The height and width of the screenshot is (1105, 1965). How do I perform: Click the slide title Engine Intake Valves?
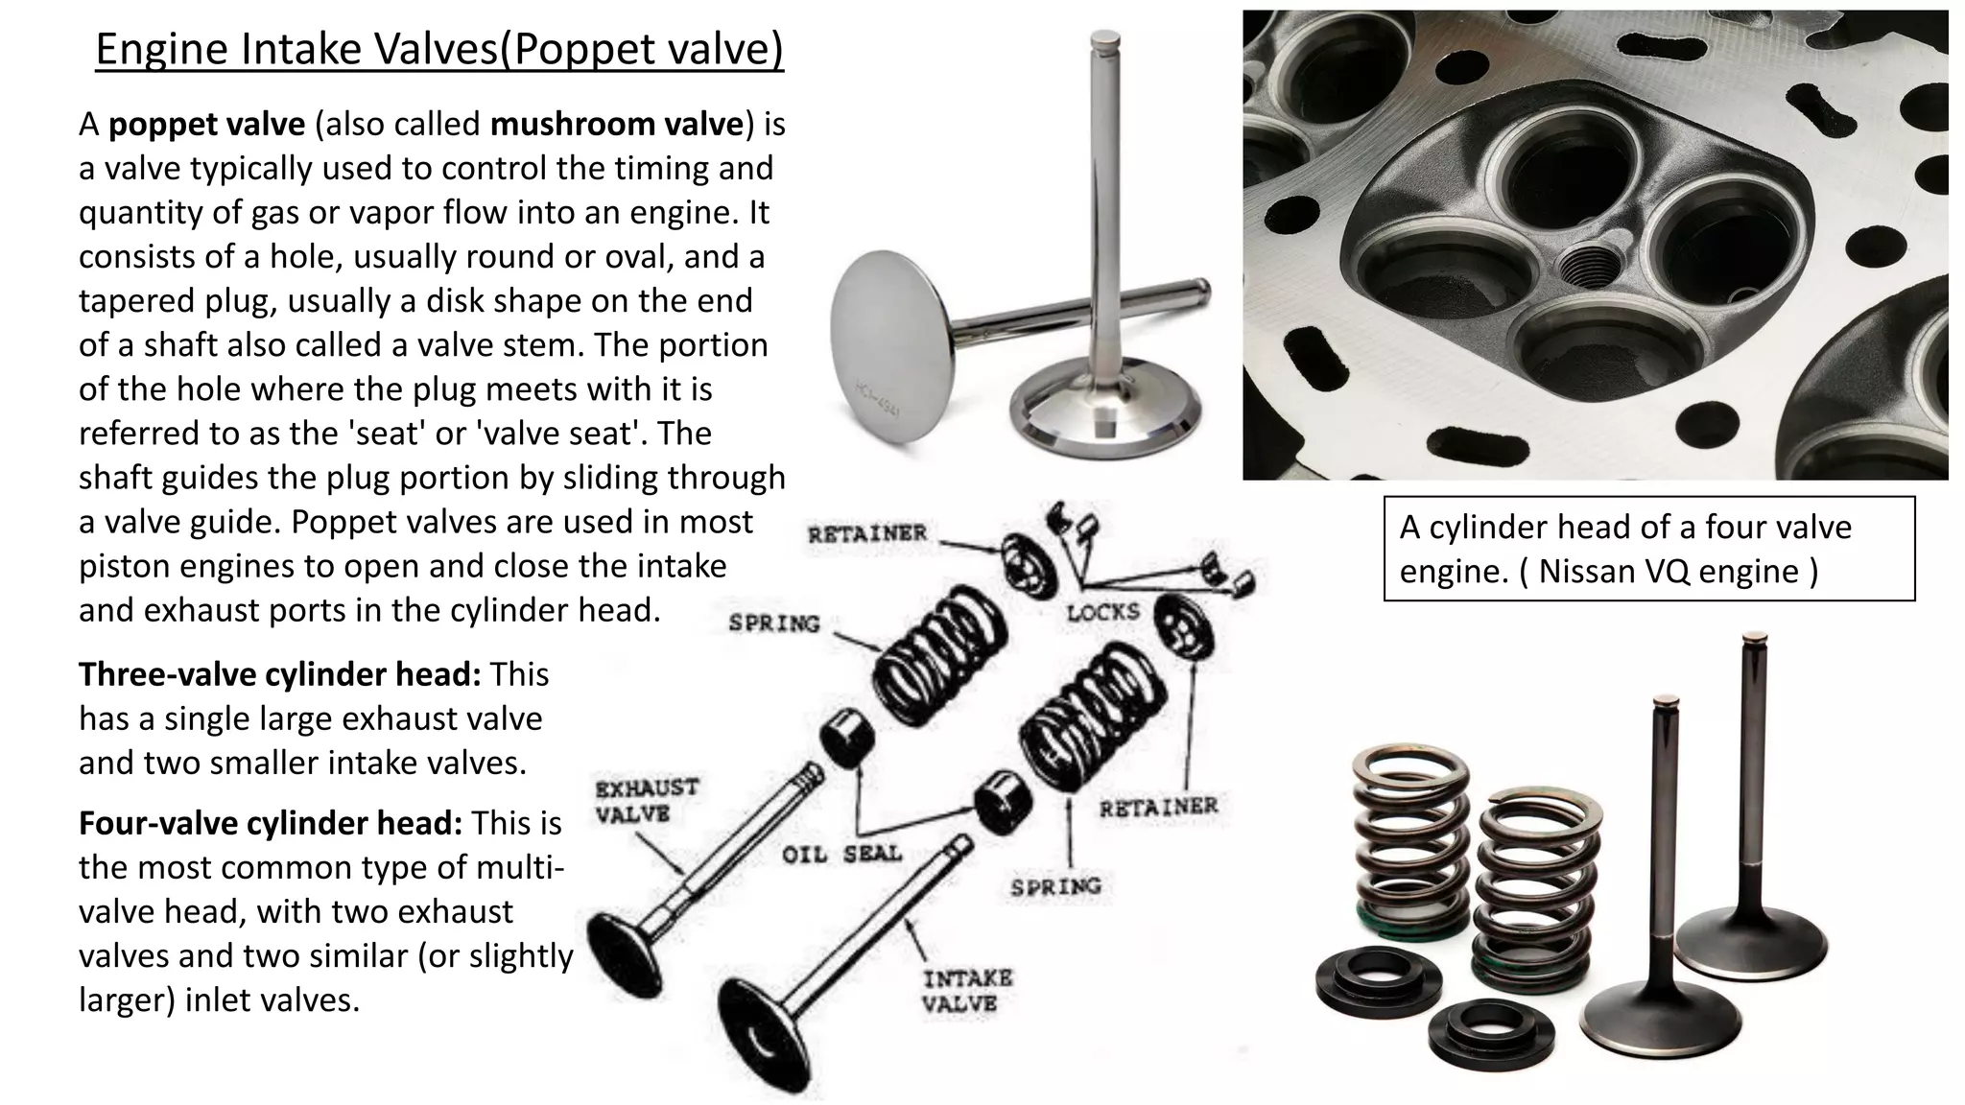pos(439,50)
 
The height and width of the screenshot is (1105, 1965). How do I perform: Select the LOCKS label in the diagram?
pos(1103,612)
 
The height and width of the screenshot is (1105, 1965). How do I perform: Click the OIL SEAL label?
pos(841,854)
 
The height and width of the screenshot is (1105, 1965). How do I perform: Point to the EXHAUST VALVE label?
pos(647,801)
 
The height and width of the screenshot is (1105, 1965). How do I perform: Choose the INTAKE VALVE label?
pos(967,991)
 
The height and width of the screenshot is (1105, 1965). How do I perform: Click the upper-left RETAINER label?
pos(866,534)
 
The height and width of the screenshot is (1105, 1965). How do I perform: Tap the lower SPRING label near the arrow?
pos(1055,887)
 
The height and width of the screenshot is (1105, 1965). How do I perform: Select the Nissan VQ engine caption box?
pos(1648,549)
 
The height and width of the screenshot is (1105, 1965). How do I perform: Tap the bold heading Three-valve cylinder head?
pos(279,674)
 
